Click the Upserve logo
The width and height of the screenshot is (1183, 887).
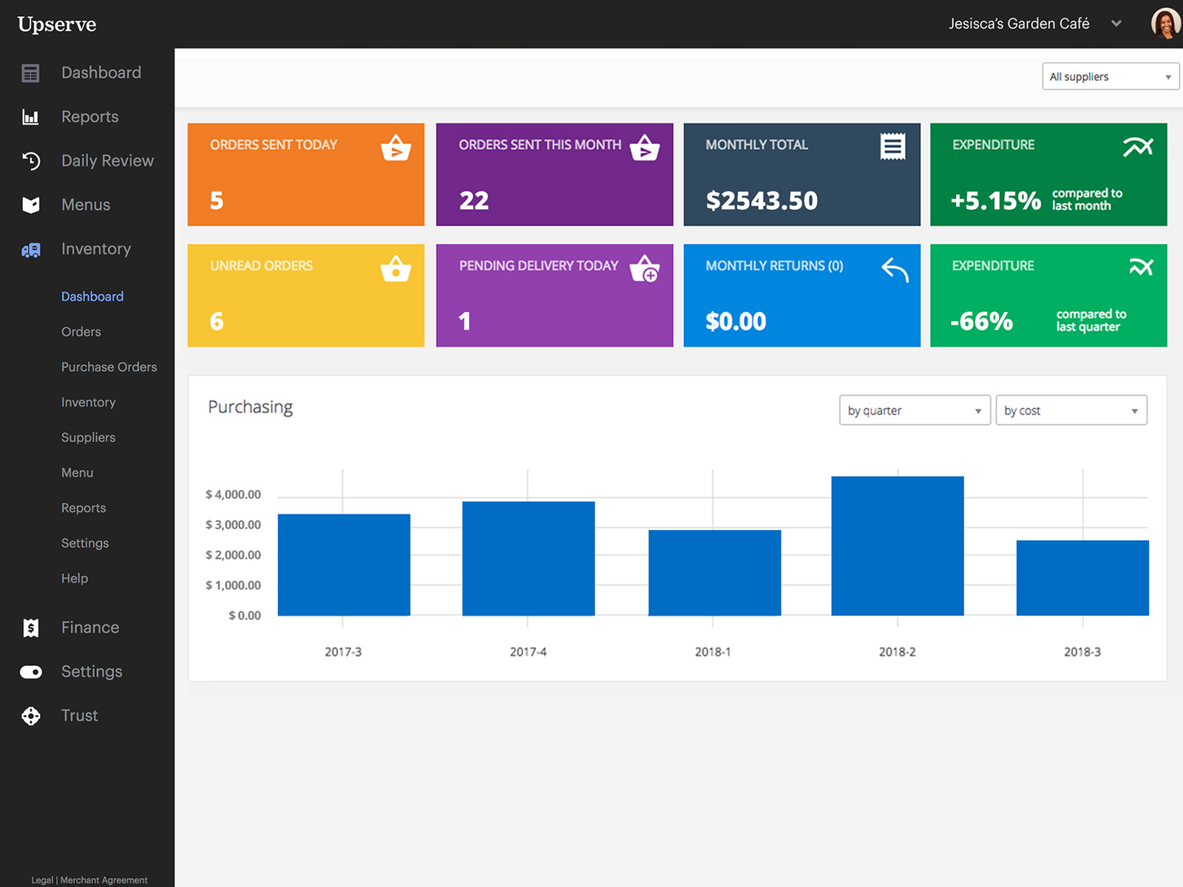click(57, 24)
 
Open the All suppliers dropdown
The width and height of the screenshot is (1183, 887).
click(1110, 77)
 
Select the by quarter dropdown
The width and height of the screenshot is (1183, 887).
click(914, 410)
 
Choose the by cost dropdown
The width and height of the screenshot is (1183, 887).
click(1071, 410)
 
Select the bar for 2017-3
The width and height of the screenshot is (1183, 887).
click(344, 565)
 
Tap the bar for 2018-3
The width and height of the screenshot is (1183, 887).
click(1082, 578)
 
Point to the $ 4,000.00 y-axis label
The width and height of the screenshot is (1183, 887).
click(233, 495)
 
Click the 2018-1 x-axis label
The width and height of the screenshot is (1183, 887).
click(713, 652)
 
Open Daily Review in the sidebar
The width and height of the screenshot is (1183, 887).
click(107, 160)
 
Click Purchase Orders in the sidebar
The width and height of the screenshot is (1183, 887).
click(109, 367)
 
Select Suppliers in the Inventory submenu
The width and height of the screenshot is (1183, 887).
click(88, 438)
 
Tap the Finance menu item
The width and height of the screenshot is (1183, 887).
click(89, 628)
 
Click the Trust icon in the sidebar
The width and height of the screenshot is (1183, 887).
click(31, 716)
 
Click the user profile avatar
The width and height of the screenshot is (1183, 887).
click(1165, 24)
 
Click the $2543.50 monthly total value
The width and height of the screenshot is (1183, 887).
click(762, 200)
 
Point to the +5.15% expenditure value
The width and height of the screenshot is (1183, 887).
click(995, 200)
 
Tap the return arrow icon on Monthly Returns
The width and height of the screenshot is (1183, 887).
click(895, 270)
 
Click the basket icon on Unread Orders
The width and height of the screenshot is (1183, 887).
click(396, 269)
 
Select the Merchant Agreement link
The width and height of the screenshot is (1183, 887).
click(104, 880)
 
